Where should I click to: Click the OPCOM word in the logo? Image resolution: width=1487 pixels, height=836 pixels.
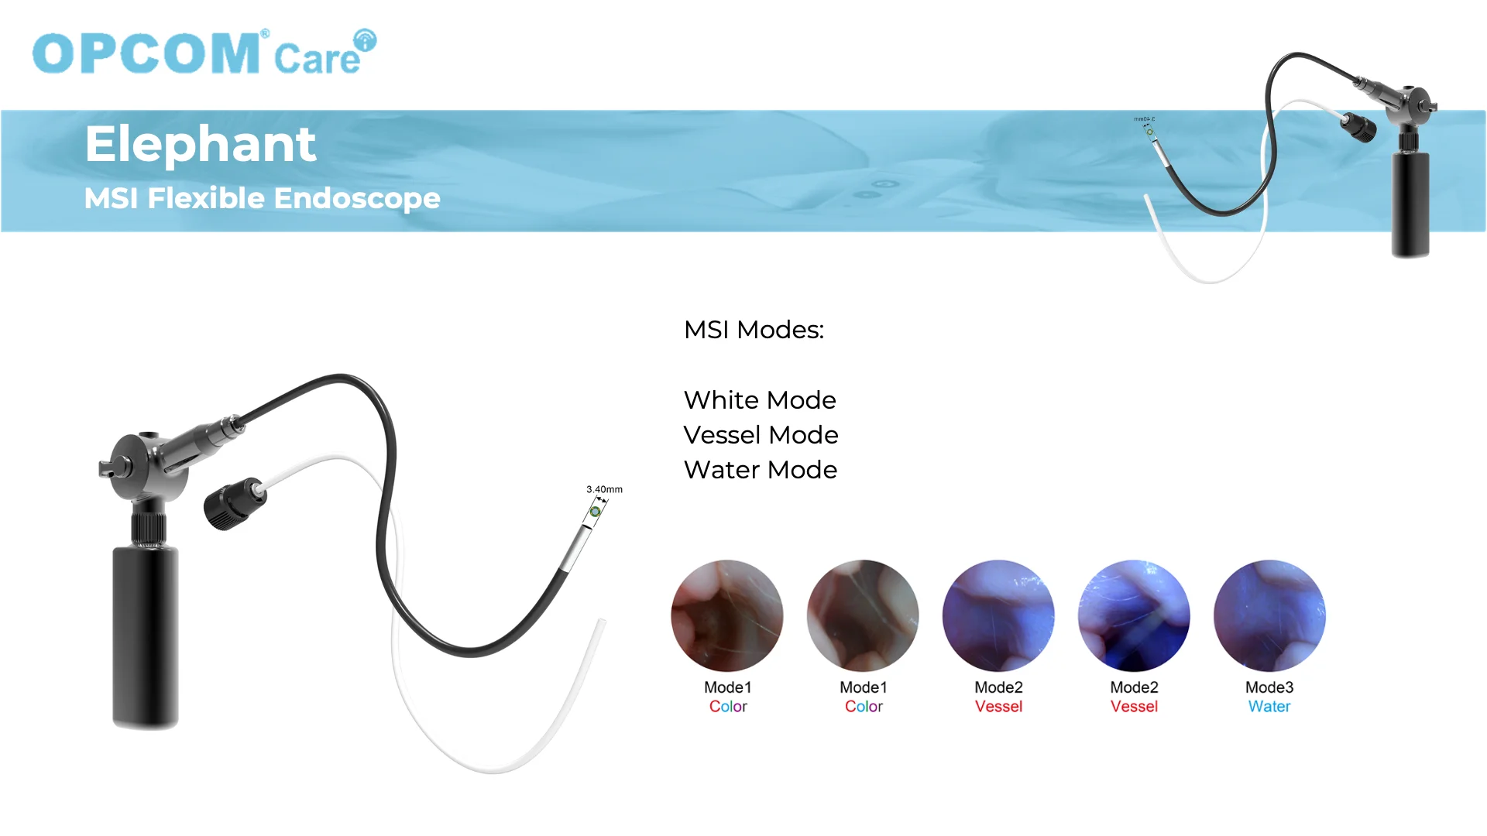(146, 53)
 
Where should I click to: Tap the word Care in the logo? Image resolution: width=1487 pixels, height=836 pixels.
(317, 58)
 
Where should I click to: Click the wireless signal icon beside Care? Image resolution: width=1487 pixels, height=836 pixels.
(365, 40)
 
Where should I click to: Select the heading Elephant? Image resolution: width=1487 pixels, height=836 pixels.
(201, 144)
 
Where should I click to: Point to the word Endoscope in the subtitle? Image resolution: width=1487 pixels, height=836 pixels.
(357, 199)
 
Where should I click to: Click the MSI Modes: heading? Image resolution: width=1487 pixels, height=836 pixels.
(754, 330)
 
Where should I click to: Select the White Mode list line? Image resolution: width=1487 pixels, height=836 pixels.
(760, 400)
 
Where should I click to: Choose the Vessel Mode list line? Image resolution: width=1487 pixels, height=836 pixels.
(761, 435)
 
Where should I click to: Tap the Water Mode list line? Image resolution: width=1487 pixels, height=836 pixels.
(761, 470)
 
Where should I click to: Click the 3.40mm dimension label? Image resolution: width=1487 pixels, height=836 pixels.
(604, 489)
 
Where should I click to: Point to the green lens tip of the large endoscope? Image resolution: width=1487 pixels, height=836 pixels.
(595, 512)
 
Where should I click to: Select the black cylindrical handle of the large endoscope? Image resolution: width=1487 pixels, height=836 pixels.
(146, 636)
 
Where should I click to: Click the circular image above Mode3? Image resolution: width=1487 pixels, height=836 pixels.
(1269, 615)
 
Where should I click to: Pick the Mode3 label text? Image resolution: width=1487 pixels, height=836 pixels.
(1269, 687)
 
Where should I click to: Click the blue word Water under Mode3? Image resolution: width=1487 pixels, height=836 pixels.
(1269, 707)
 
